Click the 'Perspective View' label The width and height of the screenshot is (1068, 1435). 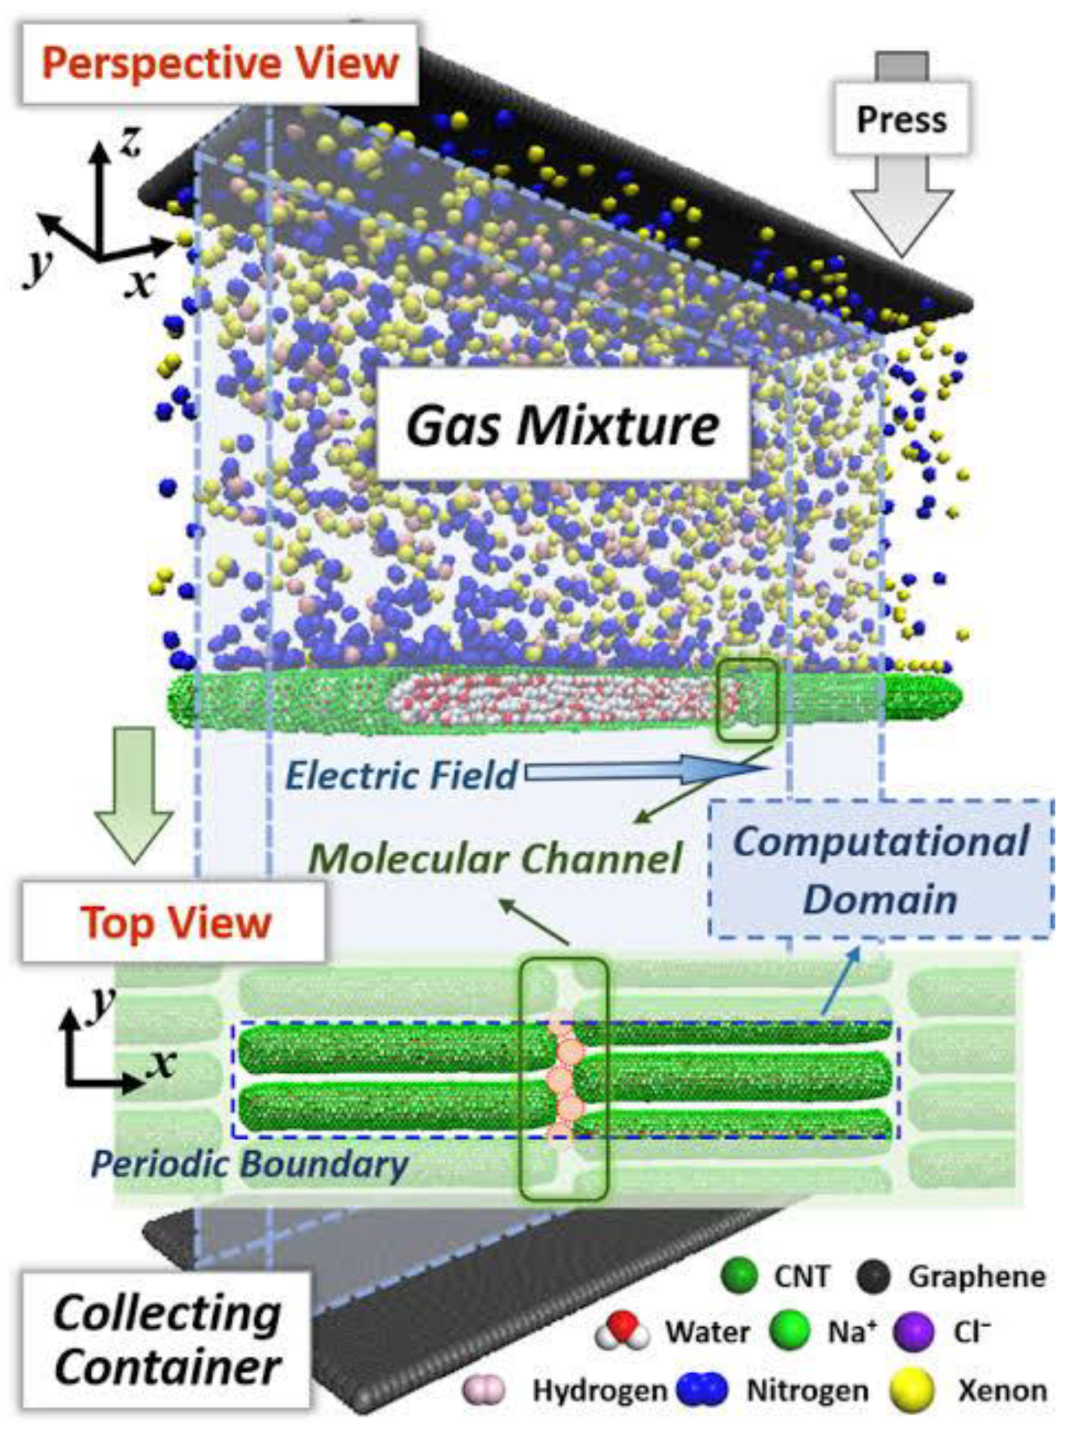click(220, 63)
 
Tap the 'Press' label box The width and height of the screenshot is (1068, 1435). click(901, 120)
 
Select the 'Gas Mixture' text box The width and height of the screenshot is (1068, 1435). click(563, 425)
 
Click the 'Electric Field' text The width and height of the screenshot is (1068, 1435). click(401, 775)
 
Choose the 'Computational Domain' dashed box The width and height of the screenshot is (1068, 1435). click(880, 869)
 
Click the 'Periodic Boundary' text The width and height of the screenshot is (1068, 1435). click(249, 1163)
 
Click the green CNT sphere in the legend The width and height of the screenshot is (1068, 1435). click(739, 1276)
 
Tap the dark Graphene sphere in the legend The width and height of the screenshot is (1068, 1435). click(873, 1276)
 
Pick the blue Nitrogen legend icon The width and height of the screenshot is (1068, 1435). click(702, 1390)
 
